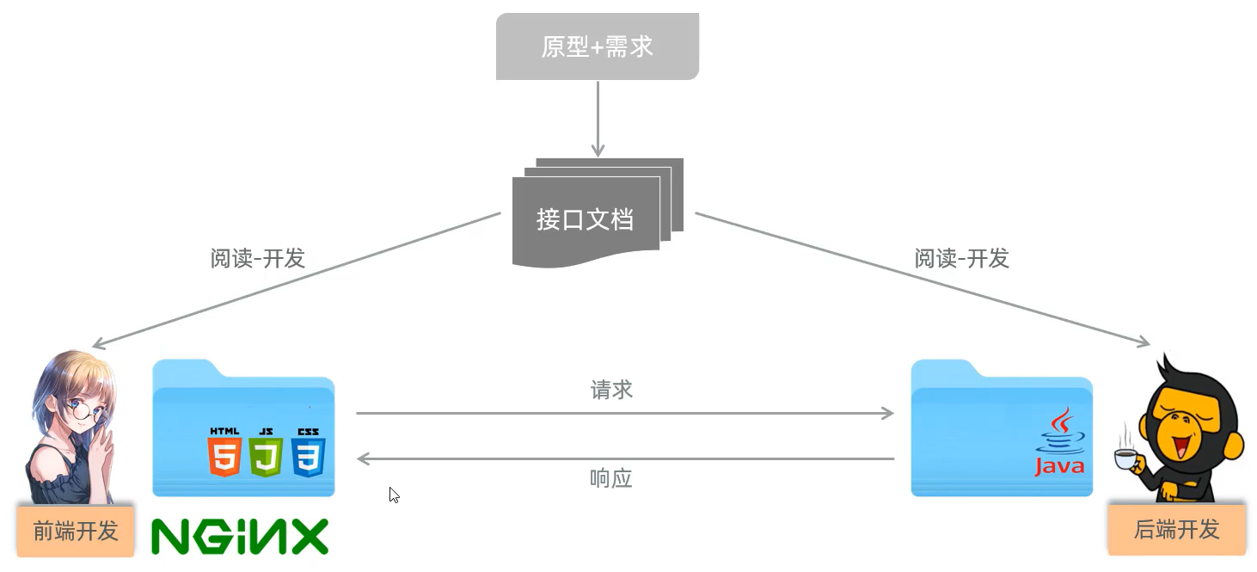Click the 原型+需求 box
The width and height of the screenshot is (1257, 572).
point(597,46)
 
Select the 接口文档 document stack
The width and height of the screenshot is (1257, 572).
point(593,219)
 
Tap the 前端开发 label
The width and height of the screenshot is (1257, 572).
point(75,531)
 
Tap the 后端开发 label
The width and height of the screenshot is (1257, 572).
point(1176,530)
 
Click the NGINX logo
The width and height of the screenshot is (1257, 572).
point(240,536)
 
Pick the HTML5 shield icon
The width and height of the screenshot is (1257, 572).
point(224,454)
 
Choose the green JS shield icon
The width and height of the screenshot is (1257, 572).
point(267,454)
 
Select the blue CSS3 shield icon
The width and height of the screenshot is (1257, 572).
point(308,454)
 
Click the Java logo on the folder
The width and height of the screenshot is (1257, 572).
point(1059,443)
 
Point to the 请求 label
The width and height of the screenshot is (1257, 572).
point(611,390)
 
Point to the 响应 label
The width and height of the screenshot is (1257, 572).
point(611,479)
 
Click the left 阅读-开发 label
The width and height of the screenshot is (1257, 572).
point(257,258)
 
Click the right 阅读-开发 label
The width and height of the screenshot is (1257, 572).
point(961,258)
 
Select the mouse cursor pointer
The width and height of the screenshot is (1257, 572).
point(393,494)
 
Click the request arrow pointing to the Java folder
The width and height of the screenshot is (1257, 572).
point(625,414)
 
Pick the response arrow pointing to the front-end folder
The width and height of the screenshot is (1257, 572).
point(625,459)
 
